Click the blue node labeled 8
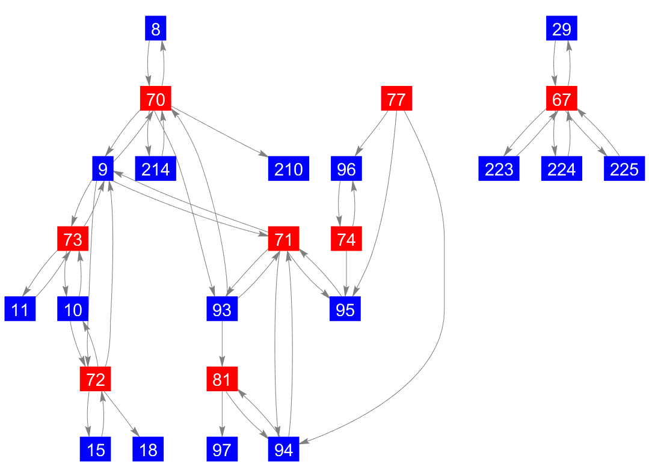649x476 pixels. (x=155, y=28)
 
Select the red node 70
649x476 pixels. (x=155, y=99)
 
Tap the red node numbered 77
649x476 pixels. (x=396, y=99)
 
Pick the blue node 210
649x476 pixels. (x=288, y=169)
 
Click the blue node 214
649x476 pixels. (x=155, y=169)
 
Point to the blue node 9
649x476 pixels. (x=103, y=169)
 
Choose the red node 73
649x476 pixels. (x=73, y=239)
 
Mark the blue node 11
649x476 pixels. (x=20, y=310)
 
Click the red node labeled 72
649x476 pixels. (x=96, y=379)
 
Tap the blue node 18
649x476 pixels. (x=148, y=450)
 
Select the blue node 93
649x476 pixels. (x=222, y=310)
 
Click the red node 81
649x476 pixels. (x=222, y=379)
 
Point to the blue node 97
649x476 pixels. (x=222, y=450)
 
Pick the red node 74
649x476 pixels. (x=346, y=239)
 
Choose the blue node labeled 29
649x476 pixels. (x=561, y=28)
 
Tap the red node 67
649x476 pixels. (x=561, y=99)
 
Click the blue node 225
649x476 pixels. (x=624, y=169)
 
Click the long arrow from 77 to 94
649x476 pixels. (x=443, y=270)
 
